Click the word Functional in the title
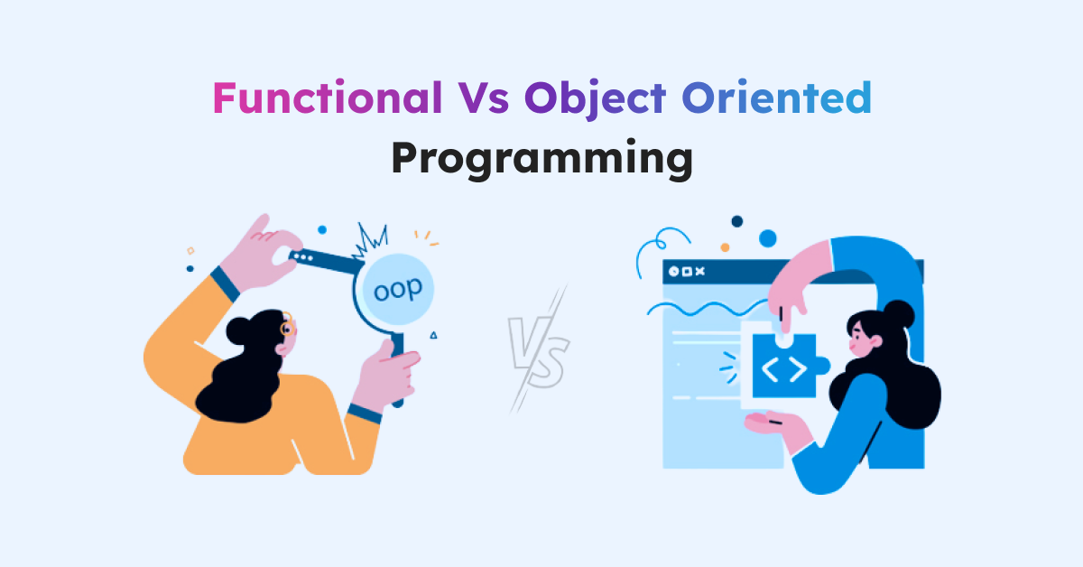(x=328, y=98)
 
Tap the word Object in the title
(x=595, y=99)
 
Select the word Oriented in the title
(x=776, y=98)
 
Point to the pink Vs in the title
(x=483, y=98)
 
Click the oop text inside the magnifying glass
(x=398, y=290)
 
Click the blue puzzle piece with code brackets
(x=787, y=367)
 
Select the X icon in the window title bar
(x=699, y=272)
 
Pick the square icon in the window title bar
(x=687, y=272)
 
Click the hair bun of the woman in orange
(x=238, y=331)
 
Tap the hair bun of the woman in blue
(x=899, y=314)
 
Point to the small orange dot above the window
(x=725, y=247)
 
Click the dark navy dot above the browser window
(x=736, y=221)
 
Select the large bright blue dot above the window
(x=768, y=238)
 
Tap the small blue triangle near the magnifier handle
(x=434, y=335)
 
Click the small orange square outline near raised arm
(x=190, y=251)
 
